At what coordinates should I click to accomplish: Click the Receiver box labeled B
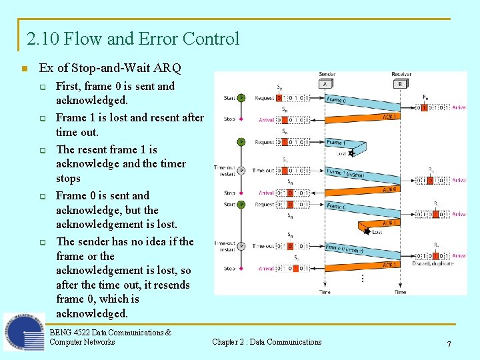(x=401, y=84)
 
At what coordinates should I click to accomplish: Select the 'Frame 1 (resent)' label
(x=346, y=173)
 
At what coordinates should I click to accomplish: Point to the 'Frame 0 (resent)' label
(x=345, y=249)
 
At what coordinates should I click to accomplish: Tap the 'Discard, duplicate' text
(x=433, y=263)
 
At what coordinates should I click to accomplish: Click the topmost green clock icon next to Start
(x=241, y=98)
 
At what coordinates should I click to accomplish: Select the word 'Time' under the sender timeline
(x=325, y=291)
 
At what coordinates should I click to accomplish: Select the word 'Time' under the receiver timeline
(x=400, y=291)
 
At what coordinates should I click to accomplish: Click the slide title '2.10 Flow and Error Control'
(x=133, y=39)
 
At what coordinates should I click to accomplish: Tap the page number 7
(x=449, y=344)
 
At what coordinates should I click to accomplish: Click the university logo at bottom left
(x=24, y=332)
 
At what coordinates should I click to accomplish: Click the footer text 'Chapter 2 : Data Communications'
(x=267, y=342)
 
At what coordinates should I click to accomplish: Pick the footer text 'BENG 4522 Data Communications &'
(x=110, y=332)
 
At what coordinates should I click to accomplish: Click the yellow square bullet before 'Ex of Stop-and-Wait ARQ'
(x=24, y=69)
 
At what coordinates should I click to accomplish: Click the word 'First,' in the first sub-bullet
(x=69, y=86)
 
